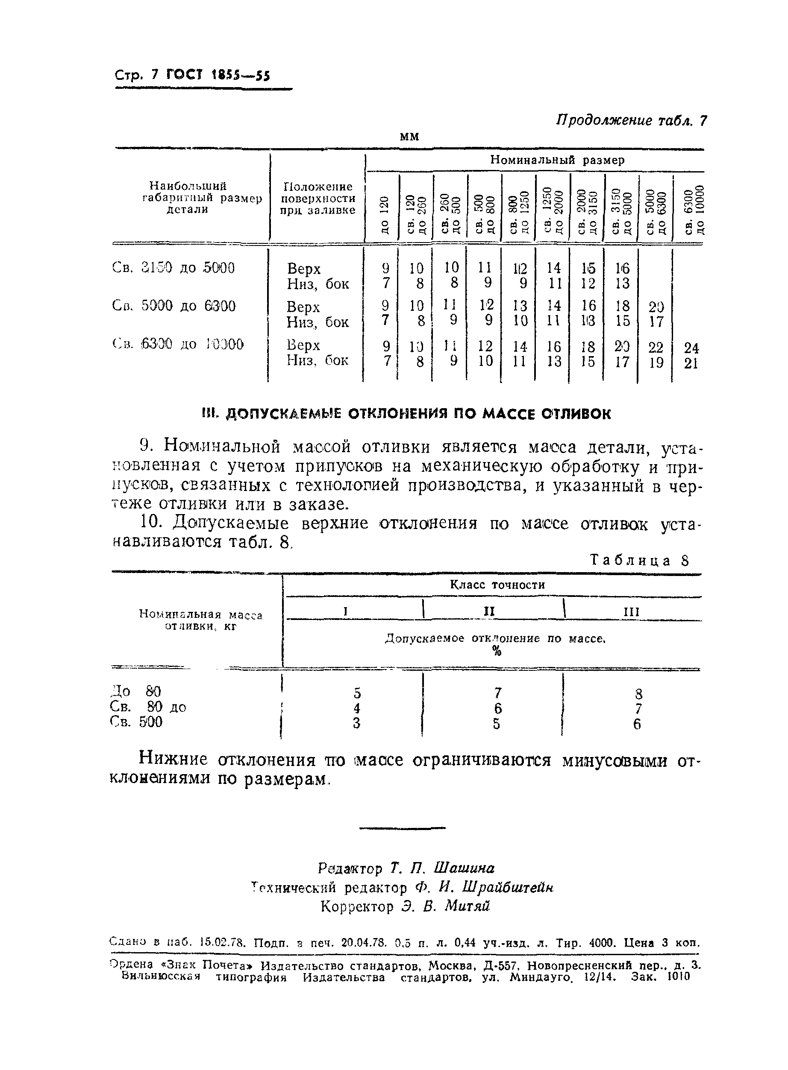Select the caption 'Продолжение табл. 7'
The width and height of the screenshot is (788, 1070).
click(x=631, y=120)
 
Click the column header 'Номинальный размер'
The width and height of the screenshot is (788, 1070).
click(x=557, y=160)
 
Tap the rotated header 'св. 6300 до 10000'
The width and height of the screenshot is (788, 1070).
click(x=694, y=209)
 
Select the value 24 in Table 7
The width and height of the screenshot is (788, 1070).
click(x=691, y=348)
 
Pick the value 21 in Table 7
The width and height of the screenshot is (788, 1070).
click(x=691, y=364)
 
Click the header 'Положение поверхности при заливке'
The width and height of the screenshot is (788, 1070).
click(x=318, y=198)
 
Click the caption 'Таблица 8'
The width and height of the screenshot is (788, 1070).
click(x=640, y=560)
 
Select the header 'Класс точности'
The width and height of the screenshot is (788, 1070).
click(x=497, y=585)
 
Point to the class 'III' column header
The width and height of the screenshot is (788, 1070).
click(x=632, y=612)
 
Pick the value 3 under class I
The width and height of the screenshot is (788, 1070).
click(x=356, y=723)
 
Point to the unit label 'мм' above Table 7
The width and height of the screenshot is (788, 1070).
click(x=409, y=137)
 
